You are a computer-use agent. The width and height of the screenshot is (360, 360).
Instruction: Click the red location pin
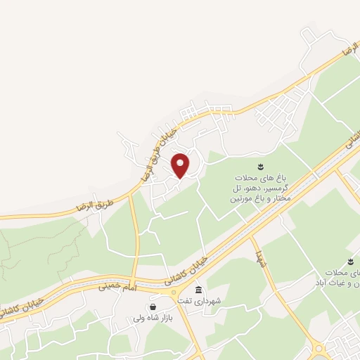181,165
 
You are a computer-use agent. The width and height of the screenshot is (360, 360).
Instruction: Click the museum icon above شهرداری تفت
198,290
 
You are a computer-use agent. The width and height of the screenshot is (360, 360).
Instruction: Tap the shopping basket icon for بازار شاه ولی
153,307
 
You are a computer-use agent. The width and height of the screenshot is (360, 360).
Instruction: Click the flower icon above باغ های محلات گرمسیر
259,167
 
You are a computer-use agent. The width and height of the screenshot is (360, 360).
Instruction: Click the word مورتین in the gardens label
238,200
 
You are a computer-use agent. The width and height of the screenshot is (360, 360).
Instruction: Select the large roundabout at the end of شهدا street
319,348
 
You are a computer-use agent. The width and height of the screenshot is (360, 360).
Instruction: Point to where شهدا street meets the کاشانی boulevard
251,238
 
